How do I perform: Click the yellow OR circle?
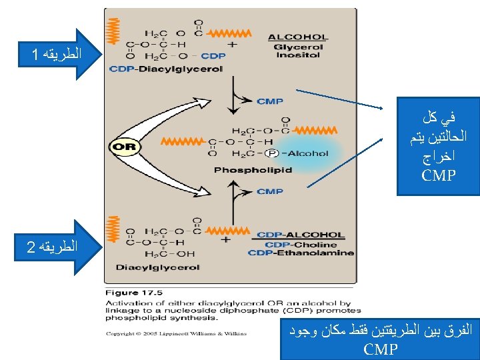[124, 147]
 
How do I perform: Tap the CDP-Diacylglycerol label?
[165, 69]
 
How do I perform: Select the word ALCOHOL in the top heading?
[297, 37]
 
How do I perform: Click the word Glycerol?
[298, 47]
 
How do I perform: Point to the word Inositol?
[298, 55]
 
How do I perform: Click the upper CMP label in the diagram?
[270, 101]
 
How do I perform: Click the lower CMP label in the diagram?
[270, 191]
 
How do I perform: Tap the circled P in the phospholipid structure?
[271, 153]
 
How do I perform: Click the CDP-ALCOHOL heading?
[301, 235]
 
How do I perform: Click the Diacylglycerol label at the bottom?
[158, 268]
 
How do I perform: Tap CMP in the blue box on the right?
[438, 176]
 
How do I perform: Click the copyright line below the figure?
[175, 333]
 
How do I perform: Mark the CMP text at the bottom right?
[381, 348]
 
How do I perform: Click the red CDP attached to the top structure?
[213, 56]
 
